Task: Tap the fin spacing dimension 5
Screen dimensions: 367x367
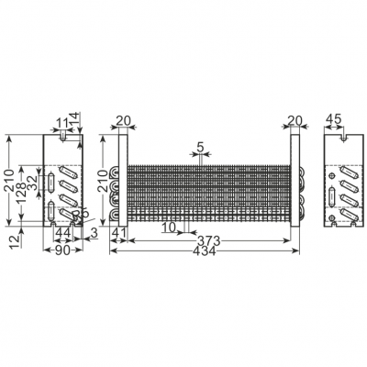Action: [200, 147]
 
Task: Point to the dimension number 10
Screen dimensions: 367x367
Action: [169, 227]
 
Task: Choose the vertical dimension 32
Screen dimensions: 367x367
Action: [33, 181]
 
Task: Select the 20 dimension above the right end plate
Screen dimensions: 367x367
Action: [295, 119]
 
